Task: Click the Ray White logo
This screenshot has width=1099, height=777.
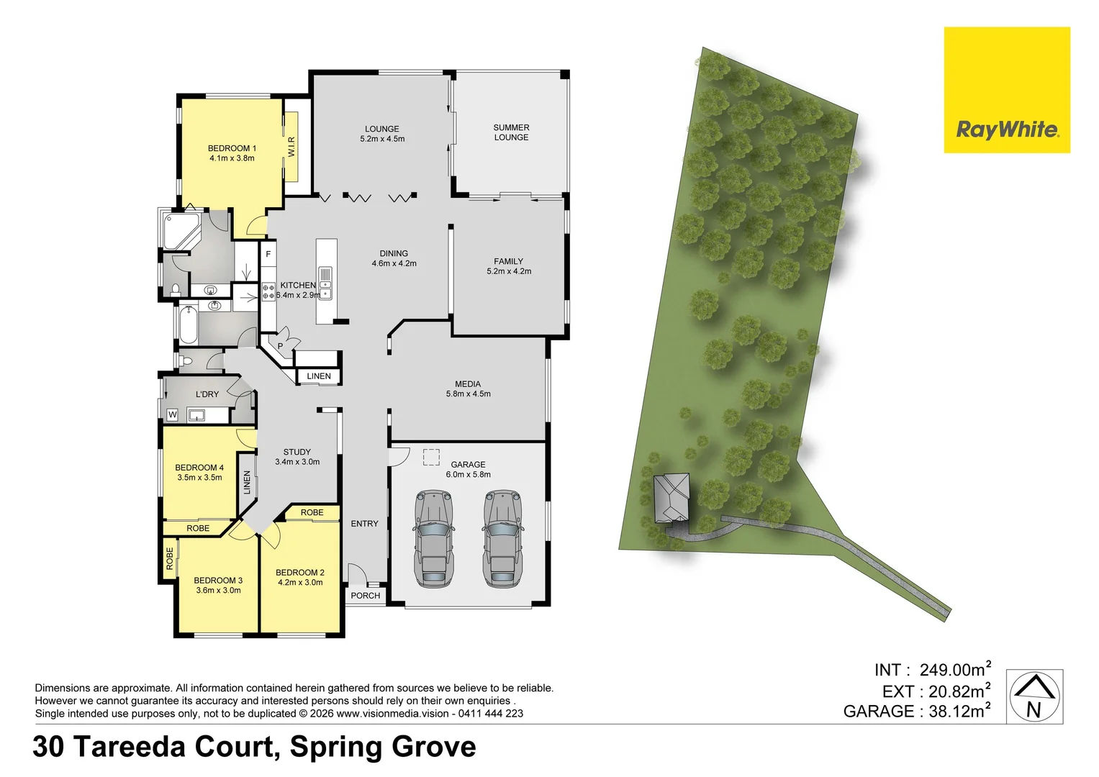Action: tap(1007, 90)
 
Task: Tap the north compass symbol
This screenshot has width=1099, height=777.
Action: tap(1034, 696)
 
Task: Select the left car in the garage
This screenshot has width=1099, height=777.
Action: tap(433, 538)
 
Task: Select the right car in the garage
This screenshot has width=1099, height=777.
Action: tap(502, 538)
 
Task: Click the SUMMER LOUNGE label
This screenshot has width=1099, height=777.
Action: tap(511, 132)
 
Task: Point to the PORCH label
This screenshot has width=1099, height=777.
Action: tap(365, 596)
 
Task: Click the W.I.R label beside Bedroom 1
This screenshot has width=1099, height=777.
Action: tap(291, 147)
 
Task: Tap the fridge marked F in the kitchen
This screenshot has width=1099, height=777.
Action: tap(268, 254)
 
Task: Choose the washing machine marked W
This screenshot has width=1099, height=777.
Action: tap(172, 415)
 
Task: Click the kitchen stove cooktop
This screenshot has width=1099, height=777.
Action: tap(268, 291)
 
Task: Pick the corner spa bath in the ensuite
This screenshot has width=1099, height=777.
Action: tap(181, 230)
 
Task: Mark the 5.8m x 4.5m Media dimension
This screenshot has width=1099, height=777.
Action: tap(468, 394)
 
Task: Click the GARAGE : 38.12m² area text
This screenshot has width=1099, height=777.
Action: tap(917, 711)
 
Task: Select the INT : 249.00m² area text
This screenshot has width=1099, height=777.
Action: tap(932, 669)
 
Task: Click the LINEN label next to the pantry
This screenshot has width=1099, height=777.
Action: tap(319, 376)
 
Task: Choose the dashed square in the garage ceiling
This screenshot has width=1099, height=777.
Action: tap(431, 457)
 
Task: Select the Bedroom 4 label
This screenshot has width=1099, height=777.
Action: tap(199, 468)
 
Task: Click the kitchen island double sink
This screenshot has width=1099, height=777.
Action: tap(325, 283)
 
